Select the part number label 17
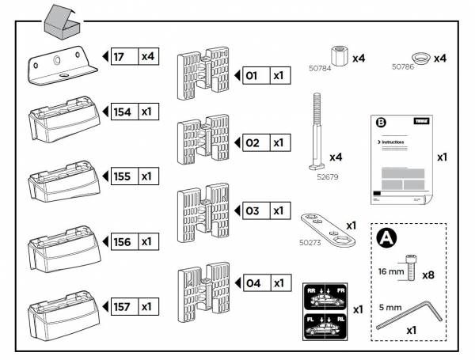tap(123, 57)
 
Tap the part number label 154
tap(123, 112)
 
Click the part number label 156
tap(123, 241)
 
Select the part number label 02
tap(253, 143)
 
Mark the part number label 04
tap(253, 282)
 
